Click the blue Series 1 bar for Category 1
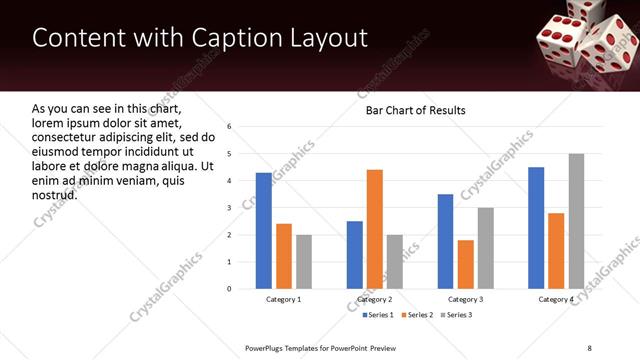[x=263, y=231]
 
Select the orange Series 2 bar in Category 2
[x=375, y=229]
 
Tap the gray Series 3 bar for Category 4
[x=576, y=221]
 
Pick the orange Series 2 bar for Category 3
[x=466, y=264]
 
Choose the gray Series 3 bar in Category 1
[x=303, y=262]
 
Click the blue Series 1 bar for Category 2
[x=355, y=255]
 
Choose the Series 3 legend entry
[x=457, y=316]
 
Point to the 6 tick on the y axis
[x=230, y=127]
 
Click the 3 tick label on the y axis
[x=230, y=208]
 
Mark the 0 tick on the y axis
[x=230, y=289]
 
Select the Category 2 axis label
[x=375, y=300]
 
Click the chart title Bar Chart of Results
[x=415, y=110]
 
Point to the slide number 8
[x=590, y=348]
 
